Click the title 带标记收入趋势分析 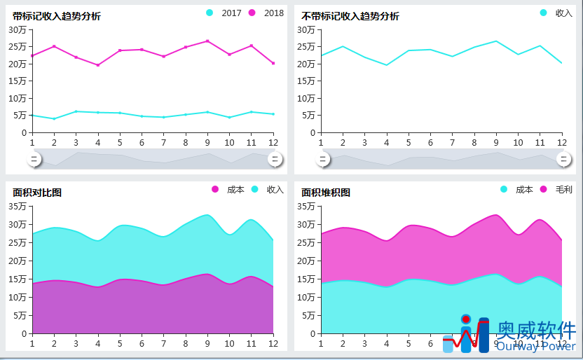click(56, 16)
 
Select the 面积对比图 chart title click(36, 193)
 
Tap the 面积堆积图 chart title click(326, 193)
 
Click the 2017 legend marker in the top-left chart click(210, 13)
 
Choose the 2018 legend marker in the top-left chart click(252, 13)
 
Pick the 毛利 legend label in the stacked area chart click(564, 190)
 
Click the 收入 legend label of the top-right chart click(564, 13)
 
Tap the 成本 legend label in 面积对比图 click(236, 190)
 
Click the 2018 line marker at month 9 click(207, 41)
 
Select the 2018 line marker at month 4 click(98, 65)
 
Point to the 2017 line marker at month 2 click(54, 119)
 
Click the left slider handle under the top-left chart click(34, 160)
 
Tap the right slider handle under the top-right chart click(564, 160)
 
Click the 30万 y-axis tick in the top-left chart click(18, 29)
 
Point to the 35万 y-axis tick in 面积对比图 click(18, 207)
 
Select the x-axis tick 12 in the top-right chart click(561, 143)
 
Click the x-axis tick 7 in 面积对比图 click(163, 344)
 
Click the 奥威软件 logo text click(536, 330)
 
